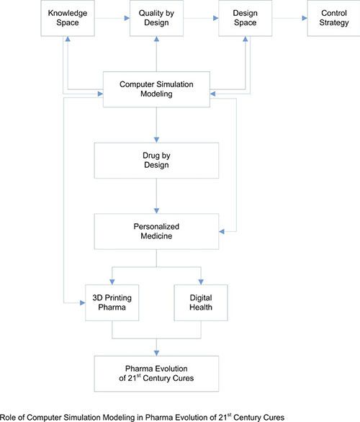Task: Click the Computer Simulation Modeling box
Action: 157,89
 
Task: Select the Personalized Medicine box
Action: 157,231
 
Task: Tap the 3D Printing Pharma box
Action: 112,302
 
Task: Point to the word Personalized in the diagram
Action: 157,226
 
